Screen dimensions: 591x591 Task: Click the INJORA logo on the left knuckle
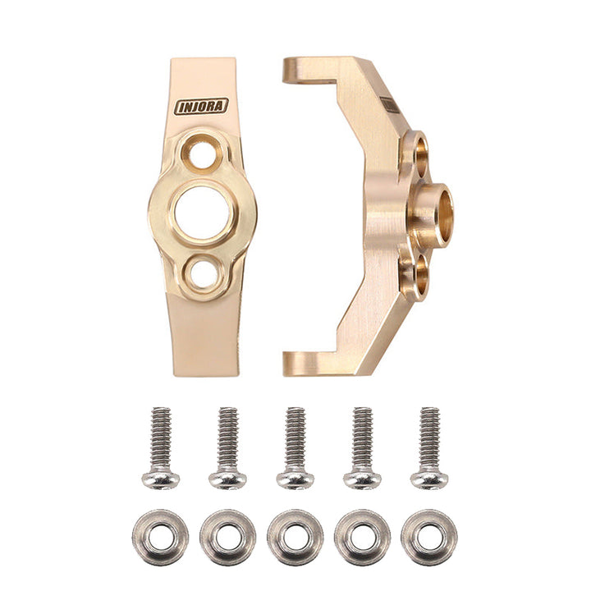tap(201, 107)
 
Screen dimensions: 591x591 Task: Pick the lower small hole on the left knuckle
tap(202, 273)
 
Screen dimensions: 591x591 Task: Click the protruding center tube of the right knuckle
tap(433, 214)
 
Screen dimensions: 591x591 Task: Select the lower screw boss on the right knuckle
tap(416, 275)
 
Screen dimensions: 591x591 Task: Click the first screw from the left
tap(161, 447)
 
